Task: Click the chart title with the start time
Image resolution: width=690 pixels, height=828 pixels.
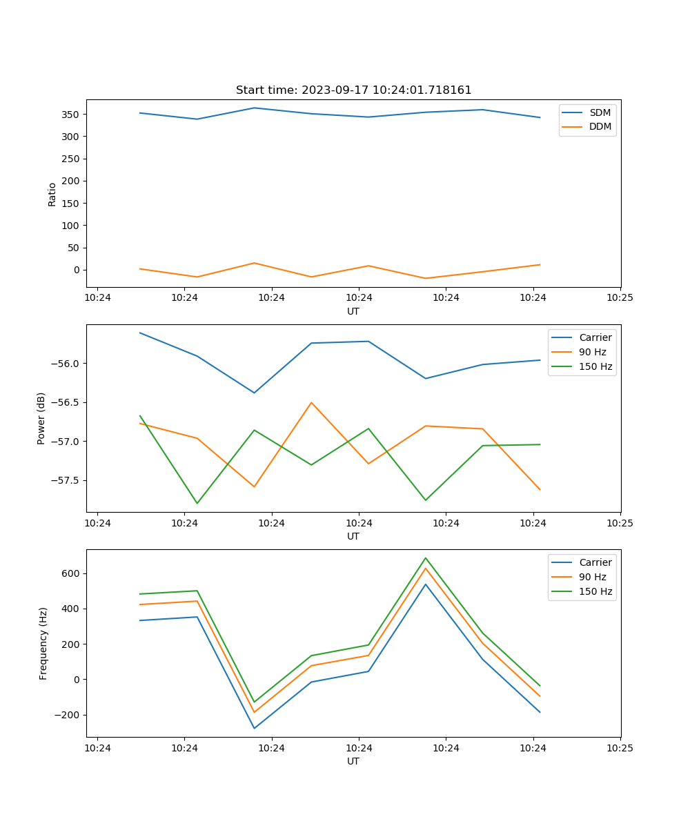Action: (353, 90)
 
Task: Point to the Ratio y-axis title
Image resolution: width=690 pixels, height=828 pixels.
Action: (52, 195)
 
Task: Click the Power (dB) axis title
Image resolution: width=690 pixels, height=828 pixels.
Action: (41, 418)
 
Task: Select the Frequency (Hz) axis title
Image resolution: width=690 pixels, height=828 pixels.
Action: (43, 643)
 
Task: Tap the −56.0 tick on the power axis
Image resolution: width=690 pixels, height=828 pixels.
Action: (66, 364)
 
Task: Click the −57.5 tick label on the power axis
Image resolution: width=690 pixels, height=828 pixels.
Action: (66, 480)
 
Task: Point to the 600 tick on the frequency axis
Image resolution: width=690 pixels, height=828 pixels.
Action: (72, 573)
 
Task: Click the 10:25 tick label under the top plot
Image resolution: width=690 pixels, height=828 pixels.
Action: (620, 298)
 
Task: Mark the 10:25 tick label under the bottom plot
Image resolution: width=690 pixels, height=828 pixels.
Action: (620, 748)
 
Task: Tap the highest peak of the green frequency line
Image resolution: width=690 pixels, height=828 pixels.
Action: (425, 558)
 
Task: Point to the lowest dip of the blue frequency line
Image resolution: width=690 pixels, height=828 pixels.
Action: (254, 729)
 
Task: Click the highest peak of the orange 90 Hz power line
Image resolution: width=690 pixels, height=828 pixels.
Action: (311, 402)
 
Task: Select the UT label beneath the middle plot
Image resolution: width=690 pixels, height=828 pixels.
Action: (353, 536)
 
